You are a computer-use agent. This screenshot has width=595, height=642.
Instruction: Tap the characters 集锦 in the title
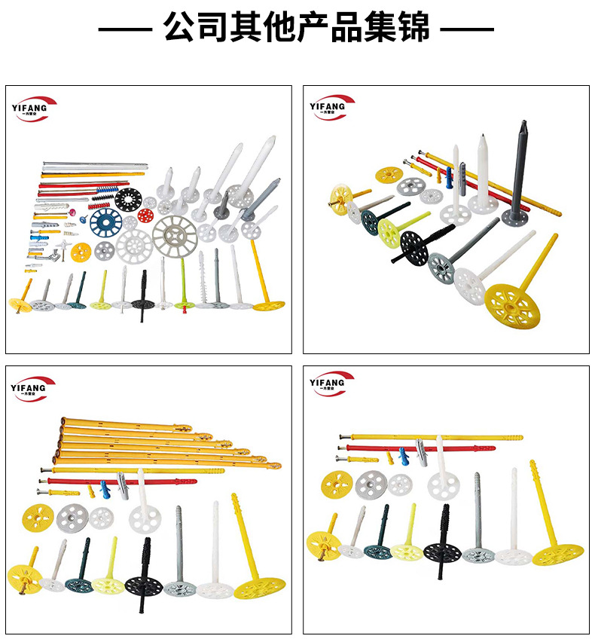click(403, 28)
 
